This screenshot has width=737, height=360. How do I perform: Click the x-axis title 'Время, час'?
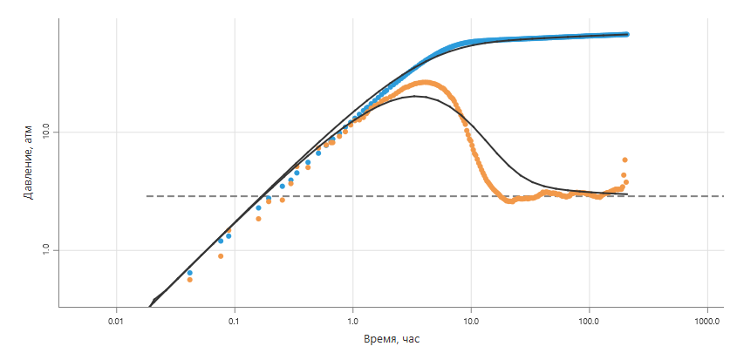pos(392,340)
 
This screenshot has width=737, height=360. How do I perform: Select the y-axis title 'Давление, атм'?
pos(30,161)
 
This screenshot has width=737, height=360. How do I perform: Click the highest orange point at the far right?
pos(624,160)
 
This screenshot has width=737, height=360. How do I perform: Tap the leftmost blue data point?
pos(190,273)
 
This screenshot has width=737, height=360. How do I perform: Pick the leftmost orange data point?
pos(190,280)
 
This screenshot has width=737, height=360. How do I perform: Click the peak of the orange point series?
pos(426,82)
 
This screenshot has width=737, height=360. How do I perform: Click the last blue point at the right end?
pos(626,34)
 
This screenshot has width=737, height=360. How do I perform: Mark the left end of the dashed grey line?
pos(147,195)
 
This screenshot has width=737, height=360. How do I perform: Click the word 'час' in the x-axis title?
pos(410,340)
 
